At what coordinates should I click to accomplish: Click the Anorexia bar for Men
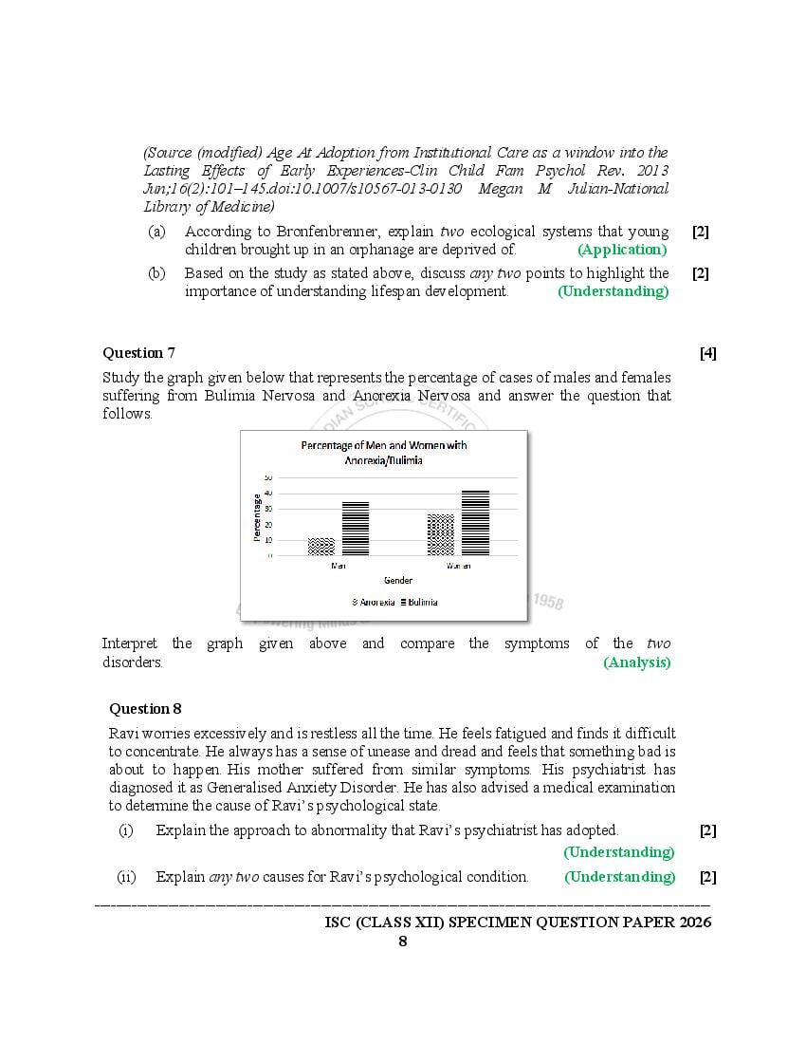[321, 547]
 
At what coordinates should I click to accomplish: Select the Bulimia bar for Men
[356, 529]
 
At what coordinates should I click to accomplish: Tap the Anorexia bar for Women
[441, 535]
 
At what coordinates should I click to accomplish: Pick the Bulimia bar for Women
[475, 523]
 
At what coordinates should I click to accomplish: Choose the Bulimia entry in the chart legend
[419, 602]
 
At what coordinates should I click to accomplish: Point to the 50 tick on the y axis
[268, 477]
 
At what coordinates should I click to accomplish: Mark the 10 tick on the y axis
[268, 540]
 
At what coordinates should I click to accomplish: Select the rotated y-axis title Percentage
[257, 517]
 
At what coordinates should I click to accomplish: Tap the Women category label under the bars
[458, 566]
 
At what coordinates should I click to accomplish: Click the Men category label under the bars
[339, 566]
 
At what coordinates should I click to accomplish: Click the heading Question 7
[138, 353]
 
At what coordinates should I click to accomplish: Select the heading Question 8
[145, 708]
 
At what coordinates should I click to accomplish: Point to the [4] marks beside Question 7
[707, 353]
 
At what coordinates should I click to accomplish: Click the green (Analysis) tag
[636, 662]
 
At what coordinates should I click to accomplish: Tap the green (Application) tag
[622, 250]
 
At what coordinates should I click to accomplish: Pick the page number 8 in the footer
[403, 941]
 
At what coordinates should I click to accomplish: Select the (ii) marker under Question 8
[126, 876]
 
